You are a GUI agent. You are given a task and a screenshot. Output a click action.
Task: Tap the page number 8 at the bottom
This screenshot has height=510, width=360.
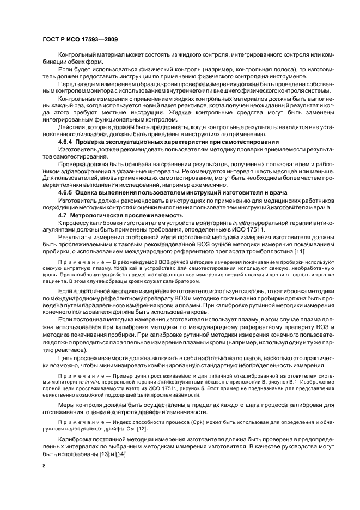[x=45, y=466]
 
